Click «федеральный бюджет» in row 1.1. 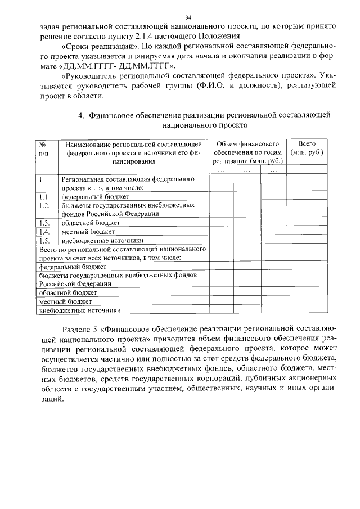[x=95, y=197]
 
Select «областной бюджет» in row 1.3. [x=91, y=223]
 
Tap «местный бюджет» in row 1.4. [x=88, y=231]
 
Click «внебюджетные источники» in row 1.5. [x=102, y=240]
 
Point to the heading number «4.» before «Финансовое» [x=81, y=115]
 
